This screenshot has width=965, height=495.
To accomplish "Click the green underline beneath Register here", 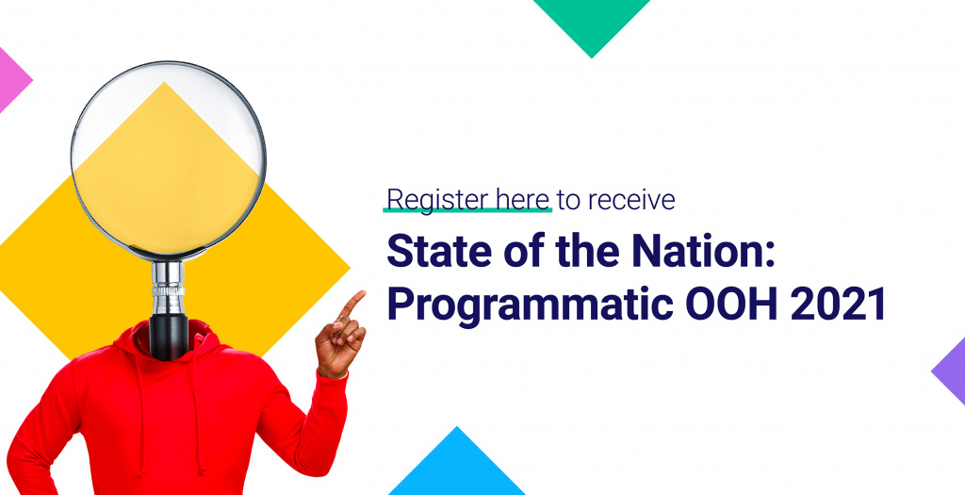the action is (467, 210).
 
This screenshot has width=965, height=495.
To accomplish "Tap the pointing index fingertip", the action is (361, 294).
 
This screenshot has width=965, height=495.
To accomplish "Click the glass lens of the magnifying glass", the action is (168, 158).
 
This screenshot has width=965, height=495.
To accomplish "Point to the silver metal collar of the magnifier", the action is (168, 288).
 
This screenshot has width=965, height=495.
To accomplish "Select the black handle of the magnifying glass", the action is (168, 337).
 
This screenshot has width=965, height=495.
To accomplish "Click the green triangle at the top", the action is (592, 25).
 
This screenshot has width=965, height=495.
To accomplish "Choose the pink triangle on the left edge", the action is (12, 80).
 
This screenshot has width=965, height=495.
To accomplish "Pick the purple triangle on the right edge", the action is (951, 371).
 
